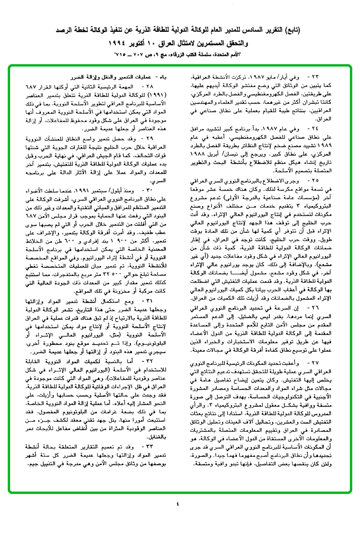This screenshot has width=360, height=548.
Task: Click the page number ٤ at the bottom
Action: pos(177,505)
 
